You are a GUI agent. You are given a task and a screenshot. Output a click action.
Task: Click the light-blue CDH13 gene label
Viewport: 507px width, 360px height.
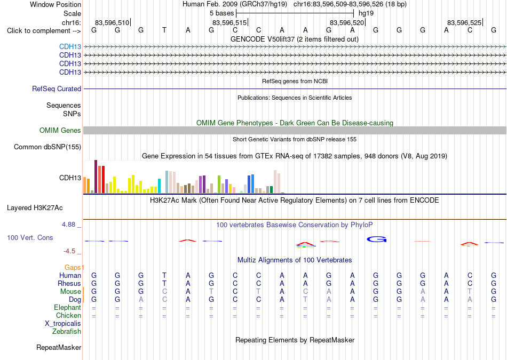70,47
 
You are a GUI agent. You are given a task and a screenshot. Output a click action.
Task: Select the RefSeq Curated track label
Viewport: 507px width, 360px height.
57,89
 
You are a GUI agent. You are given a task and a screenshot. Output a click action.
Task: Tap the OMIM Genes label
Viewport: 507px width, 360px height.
60,130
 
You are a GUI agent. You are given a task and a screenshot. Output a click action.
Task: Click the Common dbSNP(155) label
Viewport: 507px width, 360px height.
47,147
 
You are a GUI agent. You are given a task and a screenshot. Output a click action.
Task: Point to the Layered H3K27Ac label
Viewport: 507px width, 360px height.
35,208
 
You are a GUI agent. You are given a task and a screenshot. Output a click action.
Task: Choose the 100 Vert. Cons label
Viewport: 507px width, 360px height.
30,237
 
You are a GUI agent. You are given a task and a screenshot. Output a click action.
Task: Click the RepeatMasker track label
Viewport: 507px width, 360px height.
59,347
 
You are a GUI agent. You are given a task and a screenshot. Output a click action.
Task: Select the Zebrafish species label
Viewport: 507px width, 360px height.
67,331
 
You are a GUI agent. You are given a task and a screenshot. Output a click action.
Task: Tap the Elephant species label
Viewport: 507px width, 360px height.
68,307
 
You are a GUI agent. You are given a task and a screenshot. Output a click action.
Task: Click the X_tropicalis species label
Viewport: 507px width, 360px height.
63,324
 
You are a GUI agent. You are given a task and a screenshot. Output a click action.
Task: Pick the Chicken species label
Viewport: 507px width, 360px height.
68,315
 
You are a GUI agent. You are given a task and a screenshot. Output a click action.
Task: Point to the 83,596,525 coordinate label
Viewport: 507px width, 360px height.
464,22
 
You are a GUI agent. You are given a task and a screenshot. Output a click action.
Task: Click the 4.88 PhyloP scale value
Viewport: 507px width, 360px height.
68,225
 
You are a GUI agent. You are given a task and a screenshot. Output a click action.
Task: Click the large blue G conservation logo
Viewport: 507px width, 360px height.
377,239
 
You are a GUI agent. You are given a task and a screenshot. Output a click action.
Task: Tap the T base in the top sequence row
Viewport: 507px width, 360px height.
164,30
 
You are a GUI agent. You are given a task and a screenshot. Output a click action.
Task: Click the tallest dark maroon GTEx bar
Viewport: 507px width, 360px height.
96,177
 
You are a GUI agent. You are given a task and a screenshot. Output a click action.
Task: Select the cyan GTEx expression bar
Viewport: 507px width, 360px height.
159,186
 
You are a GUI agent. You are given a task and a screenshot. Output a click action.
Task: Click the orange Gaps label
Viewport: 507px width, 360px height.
73,267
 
